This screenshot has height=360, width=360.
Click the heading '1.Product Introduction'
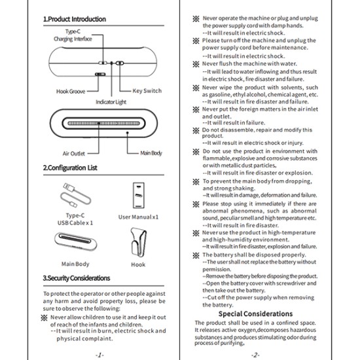75,19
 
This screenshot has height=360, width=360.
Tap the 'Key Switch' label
147,91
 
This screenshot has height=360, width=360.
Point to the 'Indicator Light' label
111,102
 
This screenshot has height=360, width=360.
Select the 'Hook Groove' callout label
71,92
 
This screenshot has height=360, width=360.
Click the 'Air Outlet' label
74,153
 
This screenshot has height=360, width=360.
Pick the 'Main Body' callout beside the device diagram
151,153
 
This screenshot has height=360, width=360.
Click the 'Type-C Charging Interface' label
73,35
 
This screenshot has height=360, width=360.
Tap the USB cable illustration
75,195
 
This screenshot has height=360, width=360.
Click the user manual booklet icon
139,195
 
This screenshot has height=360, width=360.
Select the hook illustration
139,242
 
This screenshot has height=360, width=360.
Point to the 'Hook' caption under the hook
138,264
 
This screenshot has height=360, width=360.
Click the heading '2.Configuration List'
70,168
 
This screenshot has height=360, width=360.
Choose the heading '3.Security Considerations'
77,278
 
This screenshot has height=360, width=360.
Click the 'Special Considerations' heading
255,314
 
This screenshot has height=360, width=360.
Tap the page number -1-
99,355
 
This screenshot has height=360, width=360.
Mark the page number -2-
255,355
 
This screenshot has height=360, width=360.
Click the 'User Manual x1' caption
139,217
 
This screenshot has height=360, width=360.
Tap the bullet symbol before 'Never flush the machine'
196,64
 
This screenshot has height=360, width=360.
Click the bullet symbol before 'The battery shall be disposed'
196,255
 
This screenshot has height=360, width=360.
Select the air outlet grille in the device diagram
103,123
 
